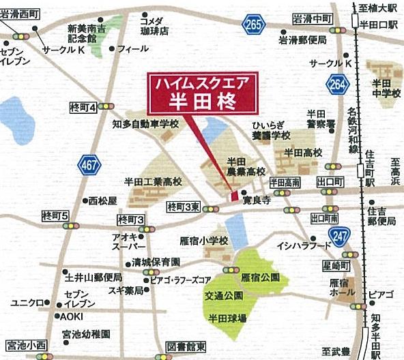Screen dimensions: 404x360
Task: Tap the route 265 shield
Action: pos(252,25)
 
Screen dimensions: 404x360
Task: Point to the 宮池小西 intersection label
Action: pos(25,346)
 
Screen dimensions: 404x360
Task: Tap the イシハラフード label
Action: pos(303,244)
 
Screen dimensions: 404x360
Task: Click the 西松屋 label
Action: pos(103,201)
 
